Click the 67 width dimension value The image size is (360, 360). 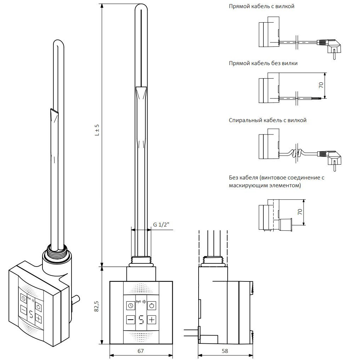141,351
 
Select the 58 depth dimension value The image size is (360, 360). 224,351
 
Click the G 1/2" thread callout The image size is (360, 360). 161,225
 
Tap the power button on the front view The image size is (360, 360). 152,305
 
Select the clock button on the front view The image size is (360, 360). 130,305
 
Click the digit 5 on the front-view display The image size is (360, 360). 141,320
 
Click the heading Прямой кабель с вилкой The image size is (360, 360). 261,7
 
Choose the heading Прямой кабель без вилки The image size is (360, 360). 263,63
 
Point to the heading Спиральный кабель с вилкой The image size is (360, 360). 268,120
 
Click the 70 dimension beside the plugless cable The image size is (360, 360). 321,85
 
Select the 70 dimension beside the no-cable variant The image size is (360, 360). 299,212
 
